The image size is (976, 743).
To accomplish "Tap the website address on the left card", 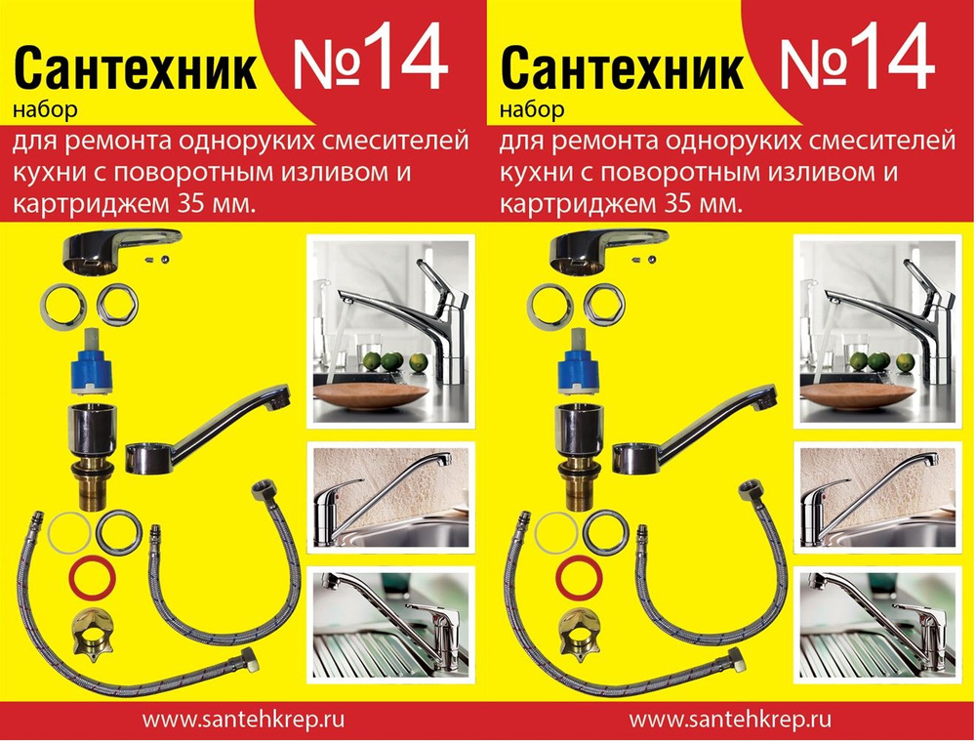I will (244, 721).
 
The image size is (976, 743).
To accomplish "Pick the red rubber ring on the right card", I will (576, 577).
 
